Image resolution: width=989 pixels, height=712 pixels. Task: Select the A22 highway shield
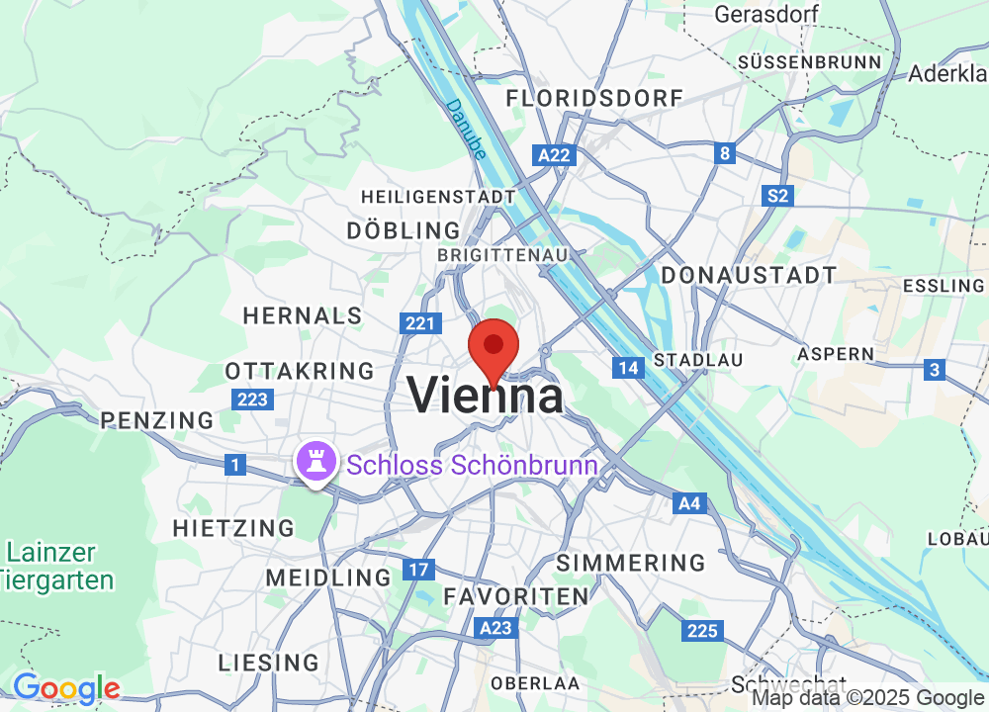coord(554,155)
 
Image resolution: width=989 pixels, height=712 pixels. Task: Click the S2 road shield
coord(778,196)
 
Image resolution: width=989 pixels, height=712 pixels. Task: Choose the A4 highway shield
coord(689,504)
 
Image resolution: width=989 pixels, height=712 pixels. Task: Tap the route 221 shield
coord(419,323)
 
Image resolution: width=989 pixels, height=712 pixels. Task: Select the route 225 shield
coord(701,631)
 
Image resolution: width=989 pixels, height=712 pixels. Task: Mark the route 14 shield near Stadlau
coord(627,368)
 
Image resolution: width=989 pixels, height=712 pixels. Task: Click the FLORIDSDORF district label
coord(594,98)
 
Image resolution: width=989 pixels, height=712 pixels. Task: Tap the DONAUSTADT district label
coord(749,275)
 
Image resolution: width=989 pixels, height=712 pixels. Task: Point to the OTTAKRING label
coord(300,371)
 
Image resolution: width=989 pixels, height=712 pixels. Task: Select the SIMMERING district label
coord(631,563)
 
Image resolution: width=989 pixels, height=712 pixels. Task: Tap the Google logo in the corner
coord(65,687)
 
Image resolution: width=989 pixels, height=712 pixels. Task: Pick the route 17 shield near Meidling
coord(418,571)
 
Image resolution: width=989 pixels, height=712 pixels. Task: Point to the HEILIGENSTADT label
coord(438,197)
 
